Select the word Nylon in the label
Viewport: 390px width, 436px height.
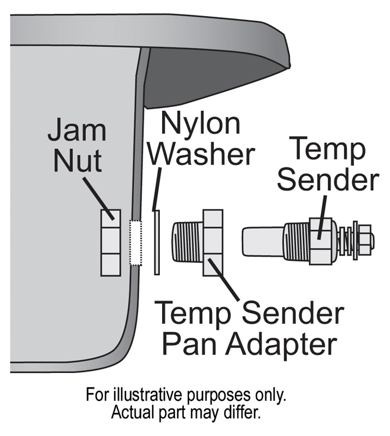(x=201, y=123)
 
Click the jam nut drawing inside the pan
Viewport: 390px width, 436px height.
(x=110, y=243)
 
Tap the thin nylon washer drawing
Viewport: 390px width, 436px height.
(x=157, y=243)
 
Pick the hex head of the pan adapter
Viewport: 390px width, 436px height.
(x=213, y=243)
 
